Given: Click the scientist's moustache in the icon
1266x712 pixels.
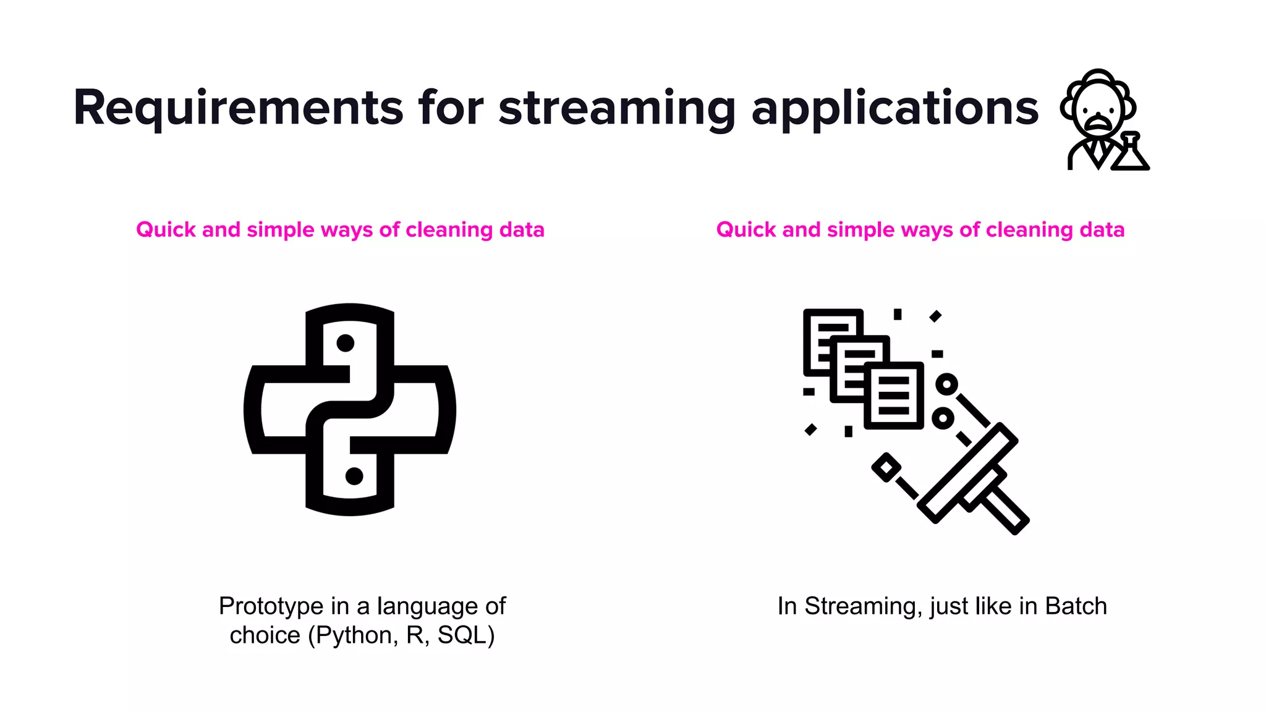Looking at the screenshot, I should coord(1097,119).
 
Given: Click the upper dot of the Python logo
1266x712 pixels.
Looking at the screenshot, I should coord(345,343).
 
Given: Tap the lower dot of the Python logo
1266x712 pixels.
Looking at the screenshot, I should coord(354,476).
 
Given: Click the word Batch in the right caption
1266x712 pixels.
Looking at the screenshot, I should coord(1076,606).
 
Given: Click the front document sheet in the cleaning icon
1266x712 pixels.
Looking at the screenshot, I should coord(894,396).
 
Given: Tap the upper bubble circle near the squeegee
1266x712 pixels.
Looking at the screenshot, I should coord(946,384).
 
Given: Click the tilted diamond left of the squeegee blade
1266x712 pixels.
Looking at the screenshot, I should coord(886,467).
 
